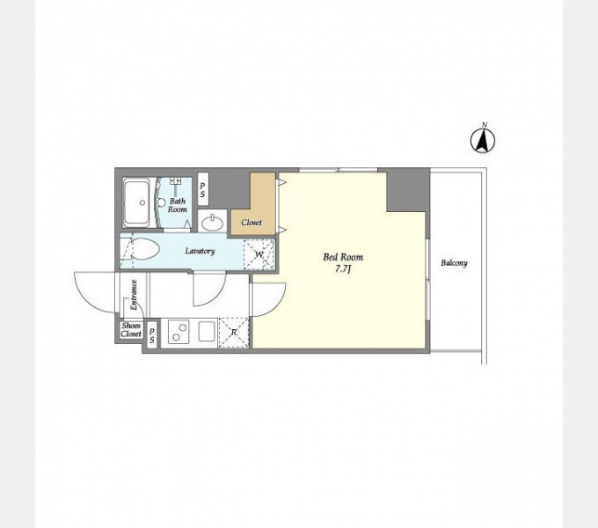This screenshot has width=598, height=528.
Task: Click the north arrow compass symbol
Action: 483,141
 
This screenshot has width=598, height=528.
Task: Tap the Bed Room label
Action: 343,257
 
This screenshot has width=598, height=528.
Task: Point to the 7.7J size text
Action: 343,269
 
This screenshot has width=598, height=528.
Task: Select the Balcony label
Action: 454,263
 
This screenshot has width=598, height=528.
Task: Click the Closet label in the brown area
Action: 252,222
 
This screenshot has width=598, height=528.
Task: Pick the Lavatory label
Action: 200,251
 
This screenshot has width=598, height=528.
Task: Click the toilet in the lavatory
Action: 140,249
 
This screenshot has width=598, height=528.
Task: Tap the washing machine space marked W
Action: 259,254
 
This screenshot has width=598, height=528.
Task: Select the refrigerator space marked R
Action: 234,333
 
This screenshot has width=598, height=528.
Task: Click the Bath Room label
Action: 178,205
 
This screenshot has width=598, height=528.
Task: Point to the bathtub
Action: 136,202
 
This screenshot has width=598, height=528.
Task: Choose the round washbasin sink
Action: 213,223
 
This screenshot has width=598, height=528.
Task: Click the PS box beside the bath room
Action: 202,189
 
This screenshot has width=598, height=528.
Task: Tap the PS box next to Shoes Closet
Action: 152,334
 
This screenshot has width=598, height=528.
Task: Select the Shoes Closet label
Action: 131,330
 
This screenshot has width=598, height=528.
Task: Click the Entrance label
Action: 134,295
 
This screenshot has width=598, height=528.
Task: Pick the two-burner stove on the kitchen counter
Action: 179,332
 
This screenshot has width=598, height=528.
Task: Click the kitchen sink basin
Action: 207,331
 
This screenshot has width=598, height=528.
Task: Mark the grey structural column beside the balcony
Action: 408,190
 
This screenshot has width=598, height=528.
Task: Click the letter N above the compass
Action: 485,124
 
